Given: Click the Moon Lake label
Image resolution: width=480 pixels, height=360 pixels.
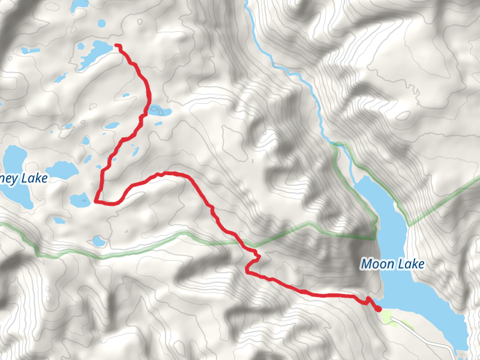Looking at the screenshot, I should [392, 263].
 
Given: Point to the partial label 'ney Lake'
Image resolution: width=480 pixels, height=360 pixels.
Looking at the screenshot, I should [24, 178].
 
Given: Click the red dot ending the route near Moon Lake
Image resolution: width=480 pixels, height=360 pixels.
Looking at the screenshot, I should [378, 309].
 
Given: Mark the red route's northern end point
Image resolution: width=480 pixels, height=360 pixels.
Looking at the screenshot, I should [116, 46].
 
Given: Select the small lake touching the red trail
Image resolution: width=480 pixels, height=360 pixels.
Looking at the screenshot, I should [158, 110].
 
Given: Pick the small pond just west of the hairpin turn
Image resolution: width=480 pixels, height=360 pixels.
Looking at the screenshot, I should [79, 199].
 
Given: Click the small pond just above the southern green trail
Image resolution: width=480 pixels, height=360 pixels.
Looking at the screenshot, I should [98, 241].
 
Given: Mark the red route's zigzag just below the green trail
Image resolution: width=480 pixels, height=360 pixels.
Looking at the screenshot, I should [253, 261].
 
